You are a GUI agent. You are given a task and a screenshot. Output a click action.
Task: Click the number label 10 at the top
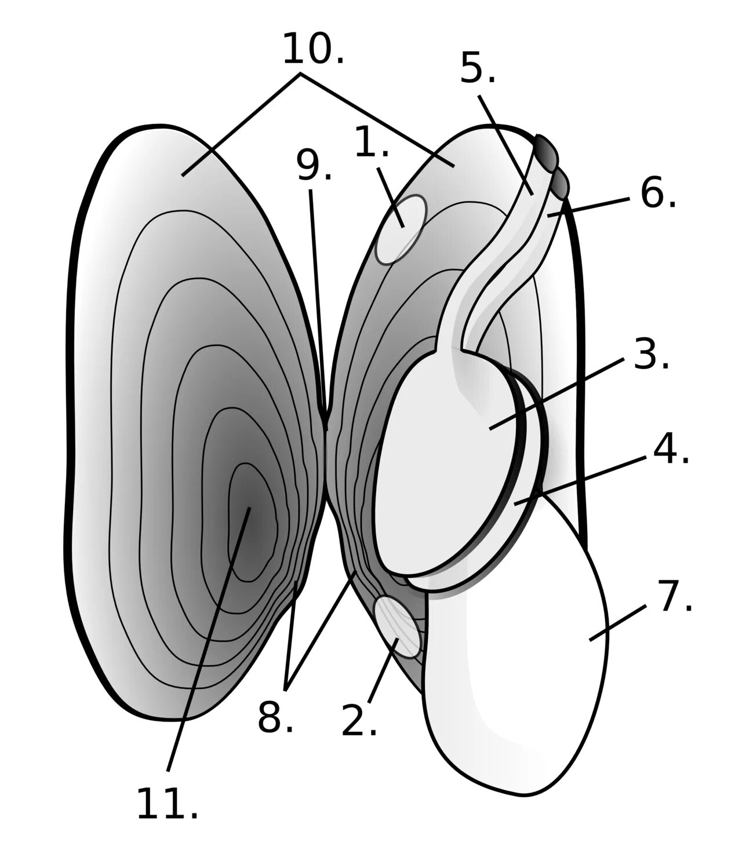312,50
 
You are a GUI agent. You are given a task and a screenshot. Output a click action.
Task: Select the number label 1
371,143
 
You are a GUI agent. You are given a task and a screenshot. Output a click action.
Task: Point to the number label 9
314,166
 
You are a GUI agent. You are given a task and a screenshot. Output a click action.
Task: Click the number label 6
658,194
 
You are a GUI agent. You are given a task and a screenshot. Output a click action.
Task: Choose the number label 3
651,355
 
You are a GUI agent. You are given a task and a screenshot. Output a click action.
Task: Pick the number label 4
671,450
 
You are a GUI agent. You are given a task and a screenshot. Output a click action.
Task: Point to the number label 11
167,804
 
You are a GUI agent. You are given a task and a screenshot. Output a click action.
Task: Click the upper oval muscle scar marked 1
401,229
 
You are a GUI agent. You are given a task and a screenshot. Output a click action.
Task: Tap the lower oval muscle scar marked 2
398,628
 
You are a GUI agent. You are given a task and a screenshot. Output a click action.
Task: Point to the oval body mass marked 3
446,464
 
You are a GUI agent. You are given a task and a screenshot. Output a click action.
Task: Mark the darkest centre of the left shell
249,510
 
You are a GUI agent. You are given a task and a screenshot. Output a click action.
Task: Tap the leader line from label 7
618,623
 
